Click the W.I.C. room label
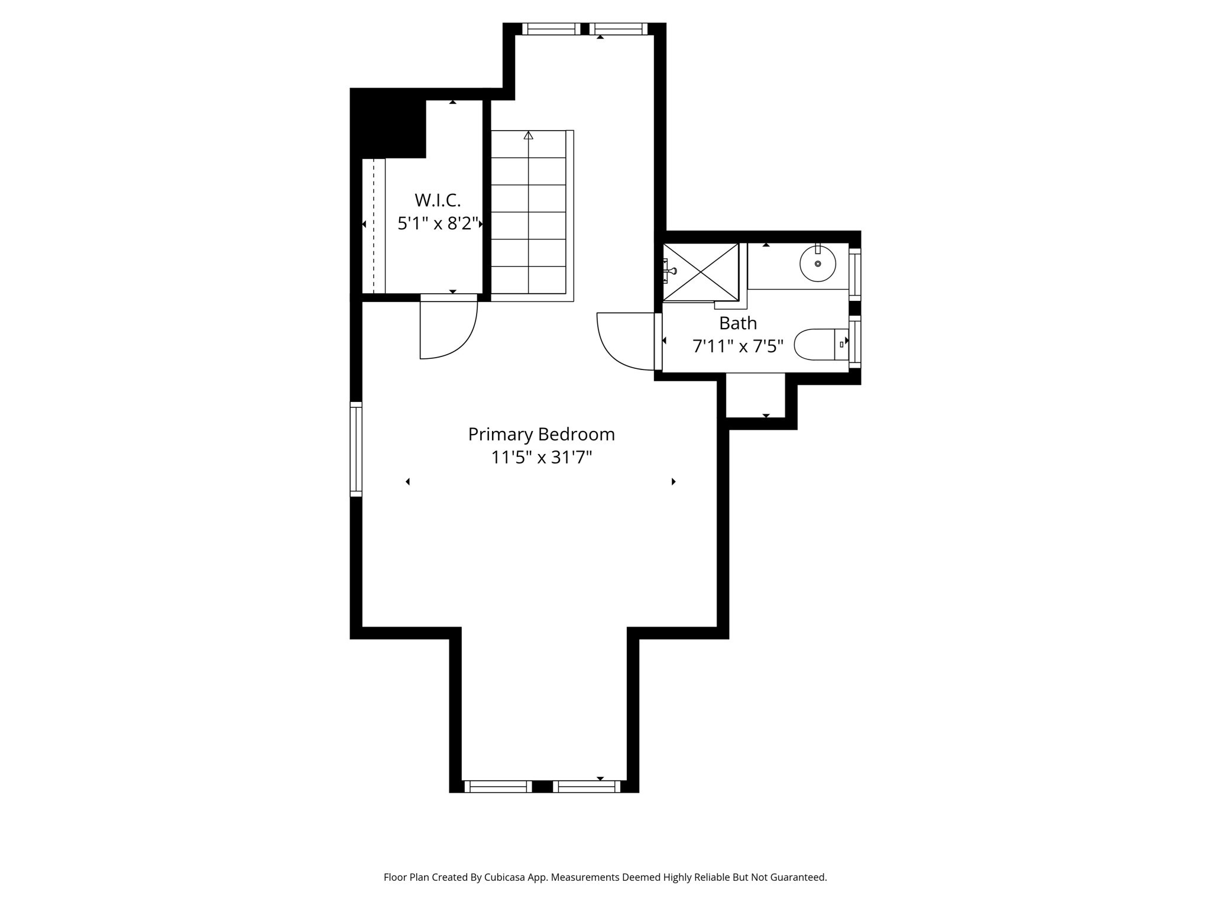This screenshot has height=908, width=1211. [x=437, y=200]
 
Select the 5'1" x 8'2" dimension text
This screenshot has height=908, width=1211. [x=437, y=223]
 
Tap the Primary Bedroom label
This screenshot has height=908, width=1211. [x=541, y=434]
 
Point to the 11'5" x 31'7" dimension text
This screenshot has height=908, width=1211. [x=541, y=458]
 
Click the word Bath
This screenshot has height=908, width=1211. [x=737, y=323]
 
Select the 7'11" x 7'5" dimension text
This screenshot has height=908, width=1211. [x=737, y=346]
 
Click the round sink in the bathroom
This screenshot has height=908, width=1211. [x=818, y=264]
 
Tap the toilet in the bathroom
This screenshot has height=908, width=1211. [x=816, y=345]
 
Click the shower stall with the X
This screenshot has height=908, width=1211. [x=700, y=272]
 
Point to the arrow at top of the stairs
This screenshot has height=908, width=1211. [x=529, y=135]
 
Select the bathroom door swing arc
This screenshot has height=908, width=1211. [x=621, y=346]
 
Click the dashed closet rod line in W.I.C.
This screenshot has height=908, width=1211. [x=374, y=225]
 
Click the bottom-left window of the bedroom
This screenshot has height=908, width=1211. [x=498, y=786]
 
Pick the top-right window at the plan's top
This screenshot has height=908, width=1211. [x=618, y=29]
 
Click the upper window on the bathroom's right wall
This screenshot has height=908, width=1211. [x=854, y=274]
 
